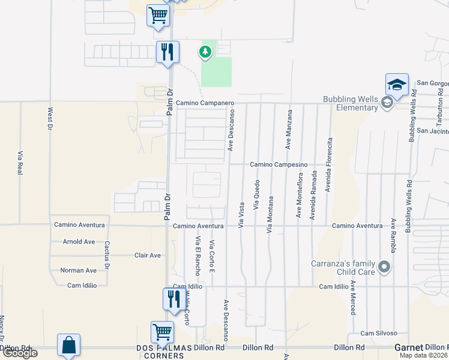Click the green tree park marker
point(205,52)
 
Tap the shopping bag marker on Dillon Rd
point(69,346)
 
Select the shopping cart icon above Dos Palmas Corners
point(163,332)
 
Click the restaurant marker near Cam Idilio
point(173,299)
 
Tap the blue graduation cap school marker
point(397,85)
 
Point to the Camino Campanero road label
point(204,103)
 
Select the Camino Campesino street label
point(279,164)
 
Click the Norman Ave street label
point(78,271)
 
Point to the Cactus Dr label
point(107,255)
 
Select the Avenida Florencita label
point(329,165)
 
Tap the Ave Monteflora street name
point(299,196)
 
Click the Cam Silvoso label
point(379,333)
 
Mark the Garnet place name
point(408,347)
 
